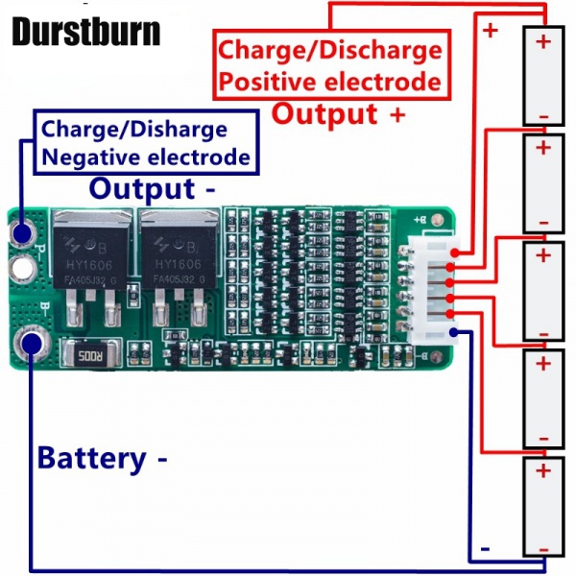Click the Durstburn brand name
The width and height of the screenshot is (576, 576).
(85, 31)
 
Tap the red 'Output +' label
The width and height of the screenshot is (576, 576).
(339, 113)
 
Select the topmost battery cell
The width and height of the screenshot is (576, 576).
(543, 77)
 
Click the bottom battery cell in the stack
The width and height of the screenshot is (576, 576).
(543, 506)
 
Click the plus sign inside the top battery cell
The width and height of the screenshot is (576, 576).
(543, 41)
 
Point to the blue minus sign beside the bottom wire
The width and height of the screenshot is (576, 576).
(486, 548)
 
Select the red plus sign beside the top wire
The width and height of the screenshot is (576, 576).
(491, 30)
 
